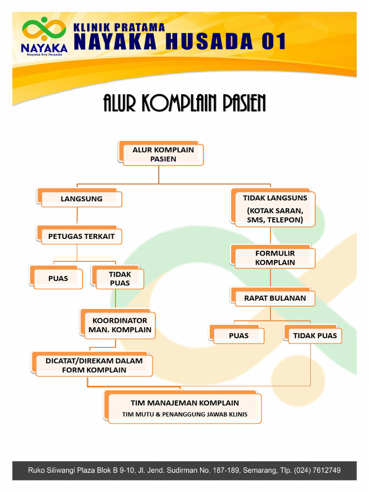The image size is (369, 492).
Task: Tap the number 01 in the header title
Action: (x=273, y=42)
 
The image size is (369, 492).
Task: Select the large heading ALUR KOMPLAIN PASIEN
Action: (x=184, y=103)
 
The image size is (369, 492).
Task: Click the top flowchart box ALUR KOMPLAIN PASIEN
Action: (x=163, y=154)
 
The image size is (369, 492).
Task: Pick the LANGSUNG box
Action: (x=81, y=198)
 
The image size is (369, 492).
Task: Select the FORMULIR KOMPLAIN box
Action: (x=275, y=258)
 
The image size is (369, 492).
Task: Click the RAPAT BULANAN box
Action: (x=275, y=298)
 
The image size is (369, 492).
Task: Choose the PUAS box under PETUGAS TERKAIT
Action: (x=58, y=278)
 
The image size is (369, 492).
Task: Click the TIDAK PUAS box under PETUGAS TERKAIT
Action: (x=120, y=278)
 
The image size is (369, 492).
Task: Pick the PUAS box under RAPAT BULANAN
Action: (x=239, y=335)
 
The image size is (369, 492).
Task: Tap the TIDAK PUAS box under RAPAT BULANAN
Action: (x=315, y=335)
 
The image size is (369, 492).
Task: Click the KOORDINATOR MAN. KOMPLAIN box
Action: (x=120, y=325)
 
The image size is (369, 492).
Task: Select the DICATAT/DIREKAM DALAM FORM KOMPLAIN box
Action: (x=94, y=365)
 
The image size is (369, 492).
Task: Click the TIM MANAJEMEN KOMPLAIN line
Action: (x=184, y=403)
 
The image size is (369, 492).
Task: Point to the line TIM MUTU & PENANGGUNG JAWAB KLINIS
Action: (x=184, y=414)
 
